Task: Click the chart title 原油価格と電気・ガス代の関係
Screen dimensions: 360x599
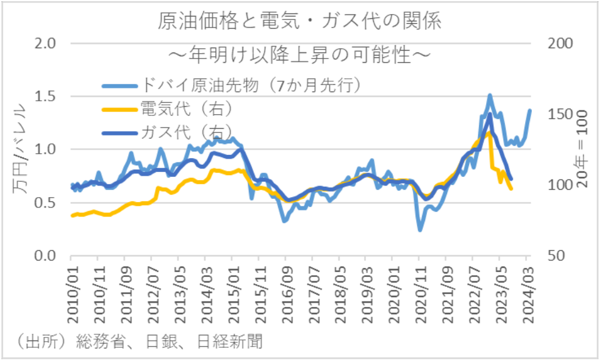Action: (299, 20)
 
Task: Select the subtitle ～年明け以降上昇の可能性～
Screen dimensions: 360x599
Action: (299, 55)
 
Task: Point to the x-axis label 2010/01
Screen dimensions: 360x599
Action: (71, 292)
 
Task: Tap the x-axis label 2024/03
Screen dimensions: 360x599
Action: (528, 292)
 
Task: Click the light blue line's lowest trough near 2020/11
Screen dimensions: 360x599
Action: (420, 229)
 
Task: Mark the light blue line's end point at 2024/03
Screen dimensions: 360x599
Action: (529, 110)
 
